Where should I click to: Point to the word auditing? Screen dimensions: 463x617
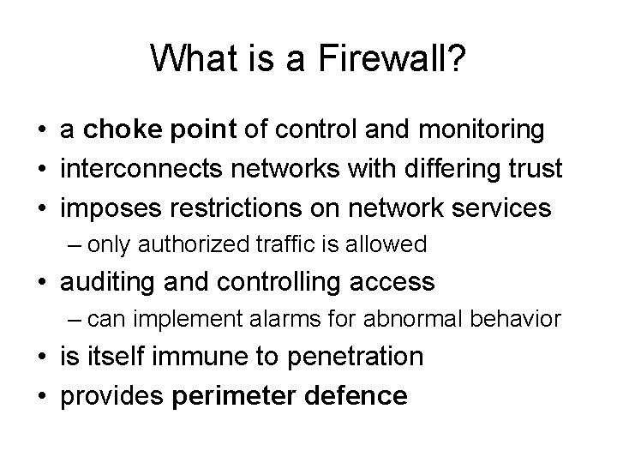click(106, 281)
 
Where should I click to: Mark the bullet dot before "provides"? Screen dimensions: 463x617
click(41, 396)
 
